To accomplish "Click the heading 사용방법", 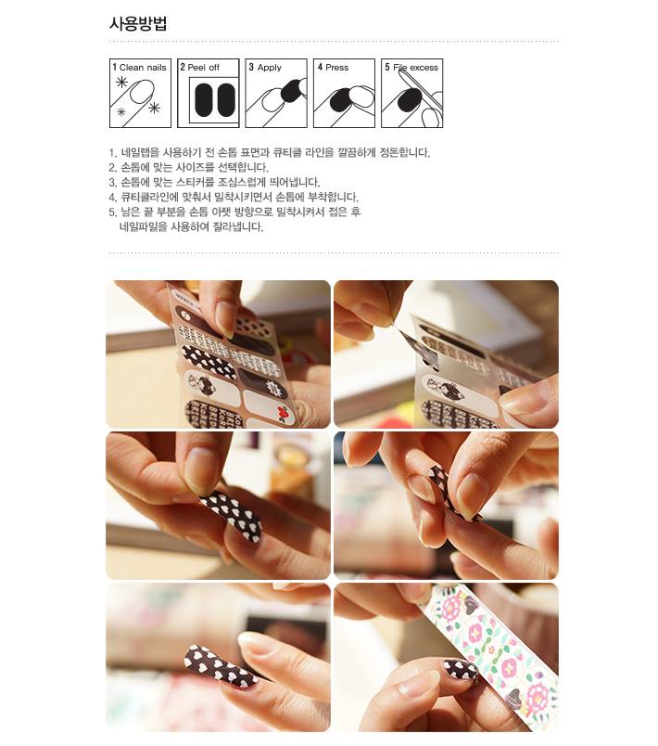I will [138, 24].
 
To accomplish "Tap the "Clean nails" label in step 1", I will [143, 68].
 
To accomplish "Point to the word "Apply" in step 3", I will [269, 68].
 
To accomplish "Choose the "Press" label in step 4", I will [336, 68].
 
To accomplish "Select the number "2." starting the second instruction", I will [112, 168].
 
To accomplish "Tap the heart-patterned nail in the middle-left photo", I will [233, 515].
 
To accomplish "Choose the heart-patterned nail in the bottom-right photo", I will [460, 670].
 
